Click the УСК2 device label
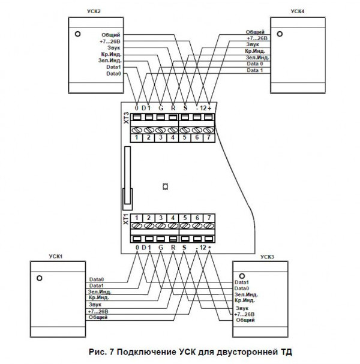[95, 12]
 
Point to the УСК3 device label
[267, 256]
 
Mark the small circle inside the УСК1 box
[39, 278]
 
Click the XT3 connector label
[126, 118]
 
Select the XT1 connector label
[126, 219]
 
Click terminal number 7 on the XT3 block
[208, 139]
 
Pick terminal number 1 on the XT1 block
[137, 217]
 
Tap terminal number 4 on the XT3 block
[173, 139]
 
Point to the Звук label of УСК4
[253, 44]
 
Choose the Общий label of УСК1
[98, 318]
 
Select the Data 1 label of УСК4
[254, 70]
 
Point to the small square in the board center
[166, 186]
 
